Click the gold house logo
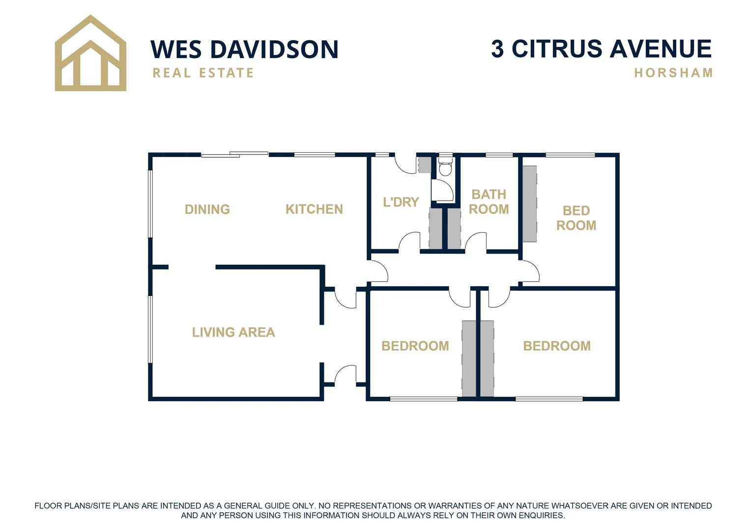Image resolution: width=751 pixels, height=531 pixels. pos(90,54)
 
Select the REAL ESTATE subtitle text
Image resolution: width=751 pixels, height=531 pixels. pos(203,73)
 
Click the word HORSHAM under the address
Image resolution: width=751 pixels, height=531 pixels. pos(673,73)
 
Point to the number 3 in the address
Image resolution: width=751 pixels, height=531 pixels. pos(498,49)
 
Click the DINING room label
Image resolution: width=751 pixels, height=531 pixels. pos(207,209)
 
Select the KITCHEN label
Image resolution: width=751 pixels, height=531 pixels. pos(314,209)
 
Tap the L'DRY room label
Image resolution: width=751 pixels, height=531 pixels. pos(401,202)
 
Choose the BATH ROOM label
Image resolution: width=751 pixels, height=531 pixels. pos(489,202)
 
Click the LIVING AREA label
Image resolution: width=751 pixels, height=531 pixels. pos(233,332)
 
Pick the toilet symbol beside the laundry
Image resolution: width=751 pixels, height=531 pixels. pos(445,168)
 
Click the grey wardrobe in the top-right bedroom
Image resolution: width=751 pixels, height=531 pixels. pos(529,204)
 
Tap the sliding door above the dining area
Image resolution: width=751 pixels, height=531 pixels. pos(235,155)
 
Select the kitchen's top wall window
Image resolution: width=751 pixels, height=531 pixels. pos(315,155)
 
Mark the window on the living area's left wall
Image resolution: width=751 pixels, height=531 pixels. pos(150,329)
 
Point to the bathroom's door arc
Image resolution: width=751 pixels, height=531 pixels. pos(476,242)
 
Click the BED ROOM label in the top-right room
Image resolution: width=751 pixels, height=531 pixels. pos(576,218)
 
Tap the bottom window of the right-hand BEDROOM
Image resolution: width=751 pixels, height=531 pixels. pos(549,399)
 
